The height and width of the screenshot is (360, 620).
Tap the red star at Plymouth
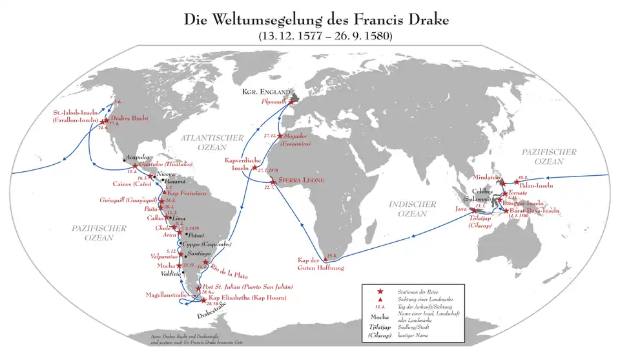point(291,102)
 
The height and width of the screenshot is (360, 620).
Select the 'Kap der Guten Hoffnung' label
point(321,263)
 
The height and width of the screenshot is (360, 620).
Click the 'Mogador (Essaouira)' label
point(303,140)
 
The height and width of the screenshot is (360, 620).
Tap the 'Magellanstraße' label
point(169,296)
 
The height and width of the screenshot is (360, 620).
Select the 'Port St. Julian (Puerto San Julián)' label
point(248,286)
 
